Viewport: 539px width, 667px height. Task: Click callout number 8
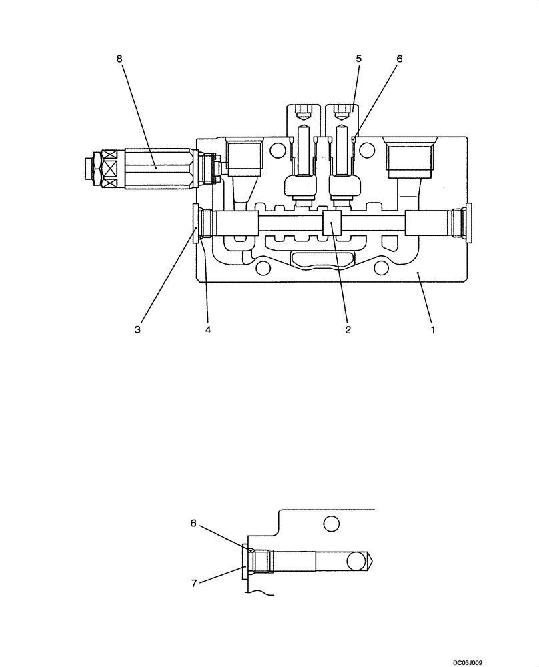[x=120, y=59]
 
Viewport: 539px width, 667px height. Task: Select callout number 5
[x=359, y=59]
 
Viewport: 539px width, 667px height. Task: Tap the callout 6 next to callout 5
[x=400, y=59]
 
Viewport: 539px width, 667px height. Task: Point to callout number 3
[x=137, y=329]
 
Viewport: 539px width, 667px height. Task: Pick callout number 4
[x=208, y=329]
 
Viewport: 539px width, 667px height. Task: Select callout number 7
[x=193, y=582]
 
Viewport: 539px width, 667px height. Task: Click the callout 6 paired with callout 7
[x=193, y=524]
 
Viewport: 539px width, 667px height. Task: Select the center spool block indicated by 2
[x=332, y=223]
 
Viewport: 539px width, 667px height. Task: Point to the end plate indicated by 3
[x=196, y=224]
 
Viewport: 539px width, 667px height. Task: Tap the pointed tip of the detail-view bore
[x=371, y=560]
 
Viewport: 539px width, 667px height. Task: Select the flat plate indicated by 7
[x=245, y=560]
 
